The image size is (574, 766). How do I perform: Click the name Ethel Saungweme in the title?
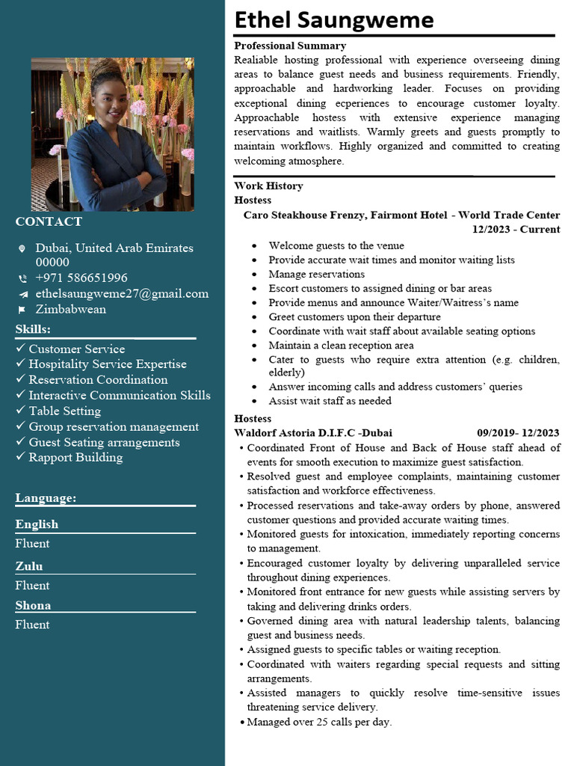[x=333, y=19]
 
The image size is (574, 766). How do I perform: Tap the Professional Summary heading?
[x=290, y=46]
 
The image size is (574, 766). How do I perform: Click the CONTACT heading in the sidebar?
[x=49, y=221]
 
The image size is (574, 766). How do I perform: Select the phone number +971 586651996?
[x=81, y=278]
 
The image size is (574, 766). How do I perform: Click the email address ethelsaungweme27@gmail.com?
[x=122, y=293]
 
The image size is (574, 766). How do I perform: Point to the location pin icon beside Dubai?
[x=22, y=248]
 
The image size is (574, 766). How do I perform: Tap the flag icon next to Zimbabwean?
[x=22, y=310]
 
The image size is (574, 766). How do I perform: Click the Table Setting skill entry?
[x=64, y=411]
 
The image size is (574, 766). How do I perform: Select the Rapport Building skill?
[x=75, y=457]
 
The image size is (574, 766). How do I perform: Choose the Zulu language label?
[x=29, y=566]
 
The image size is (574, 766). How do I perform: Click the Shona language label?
[x=33, y=605]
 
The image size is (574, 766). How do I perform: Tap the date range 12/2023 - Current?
[x=516, y=230]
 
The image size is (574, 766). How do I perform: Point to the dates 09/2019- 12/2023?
[x=518, y=432]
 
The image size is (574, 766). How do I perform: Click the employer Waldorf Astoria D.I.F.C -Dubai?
[x=313, y=432]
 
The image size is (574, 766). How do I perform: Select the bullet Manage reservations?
[x=317, y=274]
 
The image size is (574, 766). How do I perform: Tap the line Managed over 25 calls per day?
[x=319, y=722]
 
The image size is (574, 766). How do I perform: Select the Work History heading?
[x=268, y=186]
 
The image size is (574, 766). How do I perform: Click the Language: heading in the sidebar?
[x=46, y=498]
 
